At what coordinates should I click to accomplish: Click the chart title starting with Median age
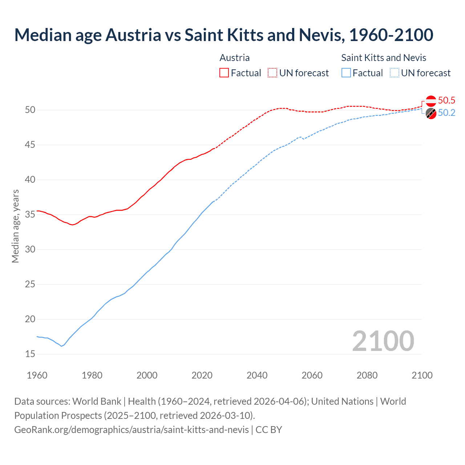coord(223,35)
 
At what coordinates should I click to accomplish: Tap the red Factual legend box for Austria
coord(224,73)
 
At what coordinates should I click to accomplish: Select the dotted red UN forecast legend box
coord(272,73)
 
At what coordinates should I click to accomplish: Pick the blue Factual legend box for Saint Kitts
coord(346,73)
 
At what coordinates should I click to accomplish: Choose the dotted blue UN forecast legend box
coord(395,73)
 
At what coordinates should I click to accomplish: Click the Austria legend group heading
coord(235,58)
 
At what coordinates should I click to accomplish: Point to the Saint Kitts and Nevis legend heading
coord(384,58)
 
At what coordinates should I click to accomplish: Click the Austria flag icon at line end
coord(431,101)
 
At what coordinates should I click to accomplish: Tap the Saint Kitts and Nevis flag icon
coord(431,113)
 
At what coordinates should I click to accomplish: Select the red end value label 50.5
coord(446,101)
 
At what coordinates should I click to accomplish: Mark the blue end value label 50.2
coord(446,113)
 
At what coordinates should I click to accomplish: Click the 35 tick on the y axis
coord(30,215)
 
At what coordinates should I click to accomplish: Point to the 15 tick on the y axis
coord(30,354)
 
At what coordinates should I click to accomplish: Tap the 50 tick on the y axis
coord(30,110)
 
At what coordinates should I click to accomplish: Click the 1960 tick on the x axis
coord(37,375)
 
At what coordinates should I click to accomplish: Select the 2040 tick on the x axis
coord(257,375)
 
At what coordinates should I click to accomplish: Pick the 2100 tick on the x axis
coord(422,375)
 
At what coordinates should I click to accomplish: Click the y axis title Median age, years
coord(15,226)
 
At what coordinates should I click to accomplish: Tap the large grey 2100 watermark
coord(383,341)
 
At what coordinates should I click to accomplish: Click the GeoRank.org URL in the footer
coord(132,430)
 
